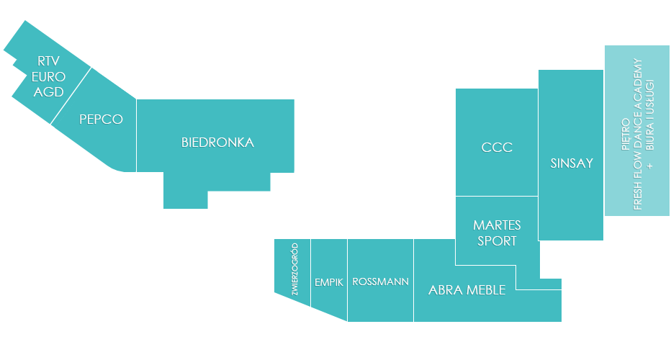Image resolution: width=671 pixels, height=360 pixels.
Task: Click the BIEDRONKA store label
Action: pos(217,143)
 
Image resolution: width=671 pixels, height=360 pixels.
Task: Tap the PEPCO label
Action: pos(101,119)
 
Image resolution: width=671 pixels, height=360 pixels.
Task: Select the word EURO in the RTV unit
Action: pos(48,76)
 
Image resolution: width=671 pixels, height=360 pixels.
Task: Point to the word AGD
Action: pos(48,92)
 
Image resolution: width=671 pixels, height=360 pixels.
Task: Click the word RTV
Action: pos(48,61)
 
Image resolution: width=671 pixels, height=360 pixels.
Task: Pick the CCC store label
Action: pos(497,148)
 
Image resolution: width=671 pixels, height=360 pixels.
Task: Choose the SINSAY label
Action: pos(572,163)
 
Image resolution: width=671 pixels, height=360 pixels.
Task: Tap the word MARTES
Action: pos(497,225)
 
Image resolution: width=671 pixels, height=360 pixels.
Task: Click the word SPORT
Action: pos(497,241)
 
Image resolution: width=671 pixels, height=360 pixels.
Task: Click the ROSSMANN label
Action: pos(380,282)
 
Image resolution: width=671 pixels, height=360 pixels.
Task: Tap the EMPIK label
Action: pos(329,282)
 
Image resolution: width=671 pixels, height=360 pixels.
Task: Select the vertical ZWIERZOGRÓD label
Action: pos(294,269)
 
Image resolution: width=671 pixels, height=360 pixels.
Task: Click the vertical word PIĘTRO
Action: pos(625,135)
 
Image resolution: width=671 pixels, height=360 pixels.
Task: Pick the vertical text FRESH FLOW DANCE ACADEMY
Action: pos(638,135)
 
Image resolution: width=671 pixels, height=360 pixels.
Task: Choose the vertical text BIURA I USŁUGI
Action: pos(649,114)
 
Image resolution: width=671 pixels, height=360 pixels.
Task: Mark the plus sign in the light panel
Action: pos(650,166)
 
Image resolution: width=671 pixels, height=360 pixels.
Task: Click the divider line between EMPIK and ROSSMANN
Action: pos(347,280)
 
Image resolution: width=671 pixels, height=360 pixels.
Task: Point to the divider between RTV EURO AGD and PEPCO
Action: pos(71,96)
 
